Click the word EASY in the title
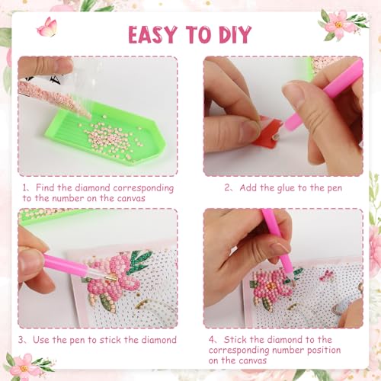coord(155,35)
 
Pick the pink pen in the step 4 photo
coord(279,244)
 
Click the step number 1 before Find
coord(25,187)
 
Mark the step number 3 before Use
coord(25,340)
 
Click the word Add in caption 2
coord(252,187)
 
